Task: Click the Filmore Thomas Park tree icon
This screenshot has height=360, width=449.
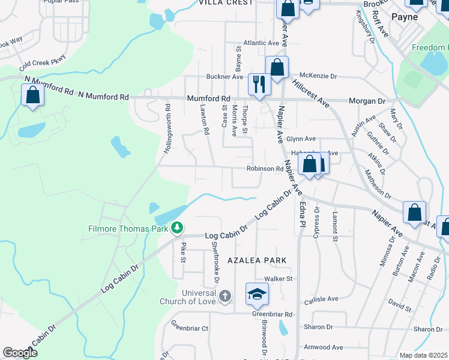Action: [177, 227]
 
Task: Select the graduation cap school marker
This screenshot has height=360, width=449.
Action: [256, 294]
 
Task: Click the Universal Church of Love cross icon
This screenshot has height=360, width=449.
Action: [224, 295]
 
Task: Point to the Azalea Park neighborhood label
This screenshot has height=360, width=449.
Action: [256, 260]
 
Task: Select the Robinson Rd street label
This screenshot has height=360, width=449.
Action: [265, 169]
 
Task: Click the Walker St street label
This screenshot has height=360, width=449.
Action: [278, 279]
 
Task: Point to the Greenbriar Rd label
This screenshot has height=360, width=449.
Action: [272, 314]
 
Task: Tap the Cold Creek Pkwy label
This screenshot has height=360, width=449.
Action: [42, 61]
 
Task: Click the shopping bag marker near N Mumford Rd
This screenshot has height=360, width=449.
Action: [32, 95]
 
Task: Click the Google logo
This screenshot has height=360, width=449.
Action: [20, 353]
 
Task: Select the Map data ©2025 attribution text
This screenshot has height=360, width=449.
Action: [423, 355]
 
